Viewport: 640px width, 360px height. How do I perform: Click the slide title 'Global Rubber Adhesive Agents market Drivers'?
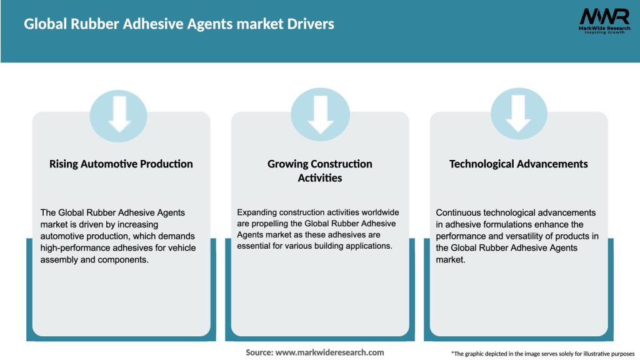pos(179,24)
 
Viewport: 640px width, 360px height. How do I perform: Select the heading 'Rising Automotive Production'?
pos(121,164)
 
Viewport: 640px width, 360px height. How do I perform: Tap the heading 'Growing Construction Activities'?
pos(320,171)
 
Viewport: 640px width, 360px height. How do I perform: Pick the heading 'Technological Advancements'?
pos(519,164)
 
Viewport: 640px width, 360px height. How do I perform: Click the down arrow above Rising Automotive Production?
pos(119,114)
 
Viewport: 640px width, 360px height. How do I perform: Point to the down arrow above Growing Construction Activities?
pos(320,114)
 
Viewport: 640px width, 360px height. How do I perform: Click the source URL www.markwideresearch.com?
pos(330,352)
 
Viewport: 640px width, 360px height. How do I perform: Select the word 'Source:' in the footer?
pos(259,352)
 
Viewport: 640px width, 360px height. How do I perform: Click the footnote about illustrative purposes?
pos(542,354)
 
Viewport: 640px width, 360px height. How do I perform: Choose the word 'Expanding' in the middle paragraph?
pos(259,212)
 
